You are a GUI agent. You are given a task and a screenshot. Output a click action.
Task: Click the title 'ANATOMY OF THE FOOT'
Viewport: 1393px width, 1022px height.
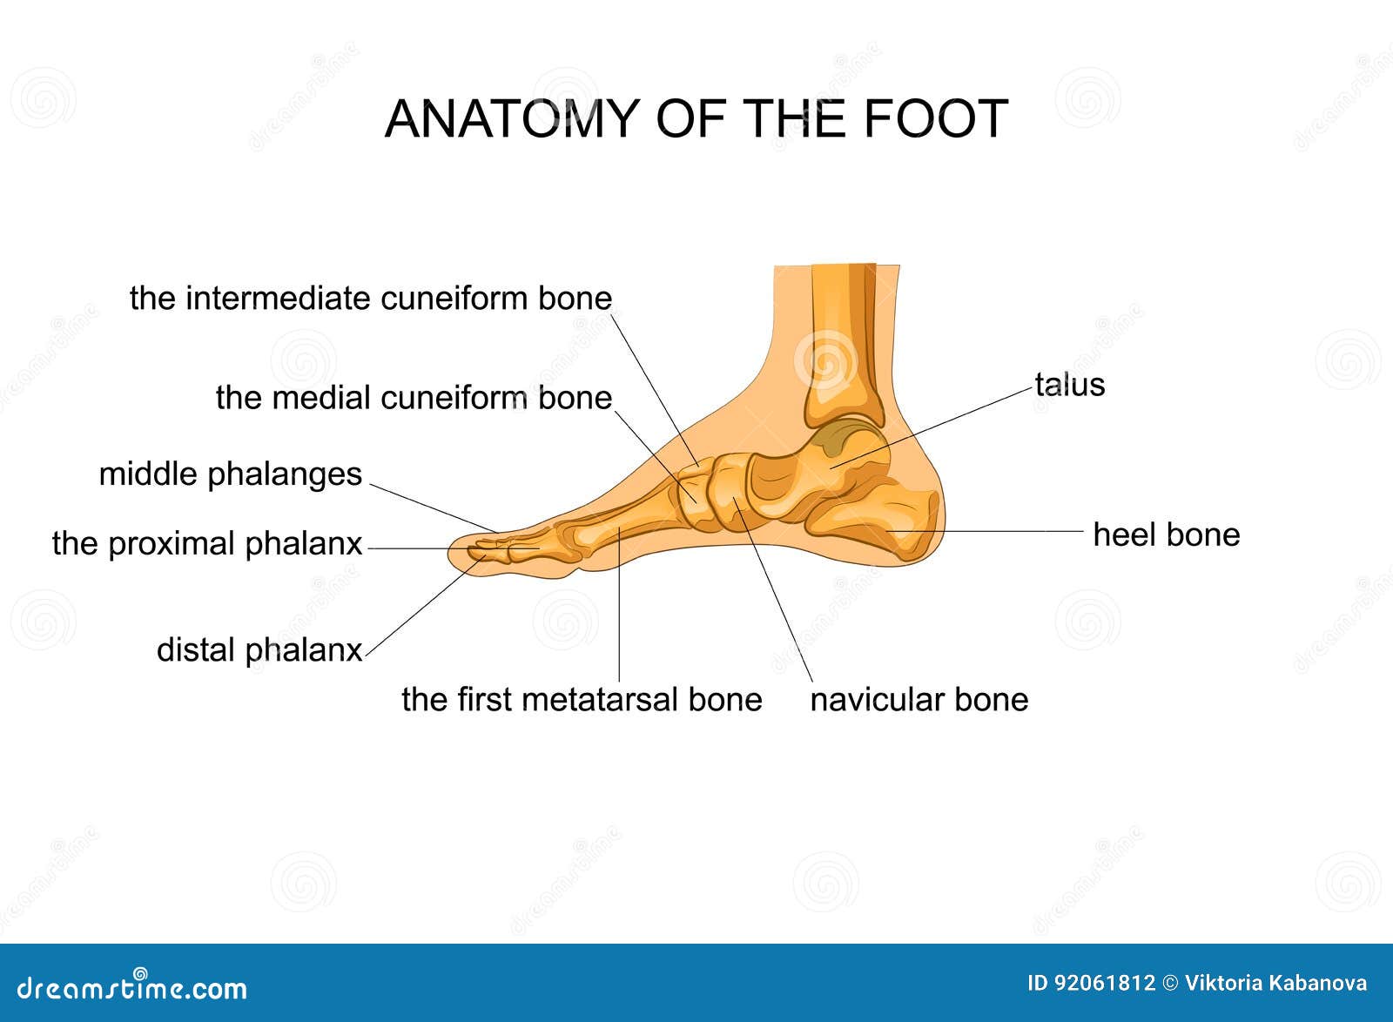(x=696, y=118)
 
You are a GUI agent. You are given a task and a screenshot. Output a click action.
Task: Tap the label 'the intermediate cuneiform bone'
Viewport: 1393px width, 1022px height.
(x=371, y=299)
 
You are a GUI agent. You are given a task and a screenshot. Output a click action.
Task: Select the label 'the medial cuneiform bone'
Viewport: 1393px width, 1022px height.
(x=414, y=398)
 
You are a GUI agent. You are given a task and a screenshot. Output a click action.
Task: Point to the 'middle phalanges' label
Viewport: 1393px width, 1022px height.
(x=230, y=474)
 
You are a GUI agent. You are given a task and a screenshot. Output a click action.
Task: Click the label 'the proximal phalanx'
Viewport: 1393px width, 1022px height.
(x=207, y=544)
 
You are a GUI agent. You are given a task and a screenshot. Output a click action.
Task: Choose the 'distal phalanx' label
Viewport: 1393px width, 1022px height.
(x=259, y=650)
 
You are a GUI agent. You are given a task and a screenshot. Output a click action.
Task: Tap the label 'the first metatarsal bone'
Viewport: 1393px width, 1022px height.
(x=582, y=699)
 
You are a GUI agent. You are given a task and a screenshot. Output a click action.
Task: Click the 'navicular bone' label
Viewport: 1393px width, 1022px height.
(x=919, y=699)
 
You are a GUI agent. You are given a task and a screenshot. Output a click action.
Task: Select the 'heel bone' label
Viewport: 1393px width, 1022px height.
(x=1166, y=535)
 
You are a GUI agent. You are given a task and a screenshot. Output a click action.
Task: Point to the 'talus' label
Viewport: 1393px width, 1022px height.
(x=1069, y=385)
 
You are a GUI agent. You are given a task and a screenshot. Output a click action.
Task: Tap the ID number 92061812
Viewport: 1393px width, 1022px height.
(x=1104, y=984)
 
